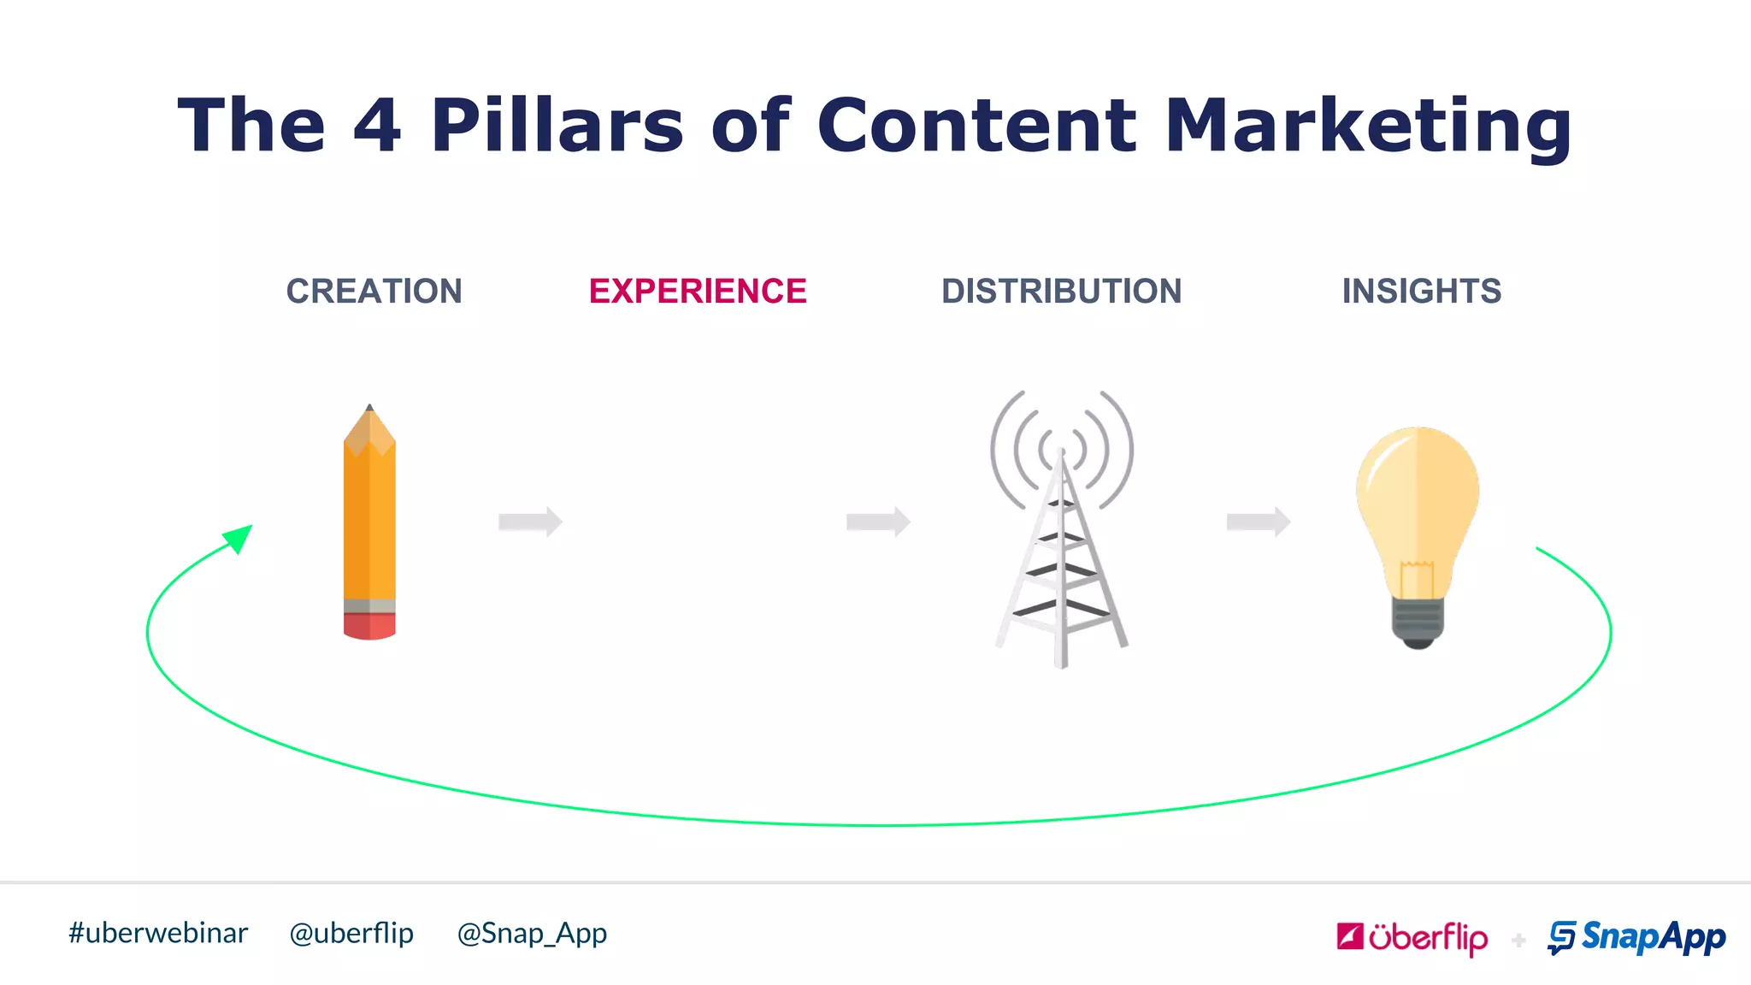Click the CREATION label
pos(374,292)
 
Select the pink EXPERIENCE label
pos(698,292)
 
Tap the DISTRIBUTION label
pos(1061,292)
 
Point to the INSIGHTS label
pos(1421,292)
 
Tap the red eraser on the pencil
pos(369,626)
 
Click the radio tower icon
pos(1062,530)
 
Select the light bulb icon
pos(1417,522)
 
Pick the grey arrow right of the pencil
pos(530,522)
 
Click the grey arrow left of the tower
pos(878,522)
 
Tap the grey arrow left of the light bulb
pos(1258,522)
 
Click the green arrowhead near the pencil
pos(239,539)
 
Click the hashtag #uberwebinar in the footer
pos(158,933)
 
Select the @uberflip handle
pos(351,933)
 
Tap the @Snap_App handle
pos(532,933)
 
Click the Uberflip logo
pos(1412,938)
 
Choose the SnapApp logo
pos(1636,938)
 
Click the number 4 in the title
pos(377,126)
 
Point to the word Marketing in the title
pos(1368,126)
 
